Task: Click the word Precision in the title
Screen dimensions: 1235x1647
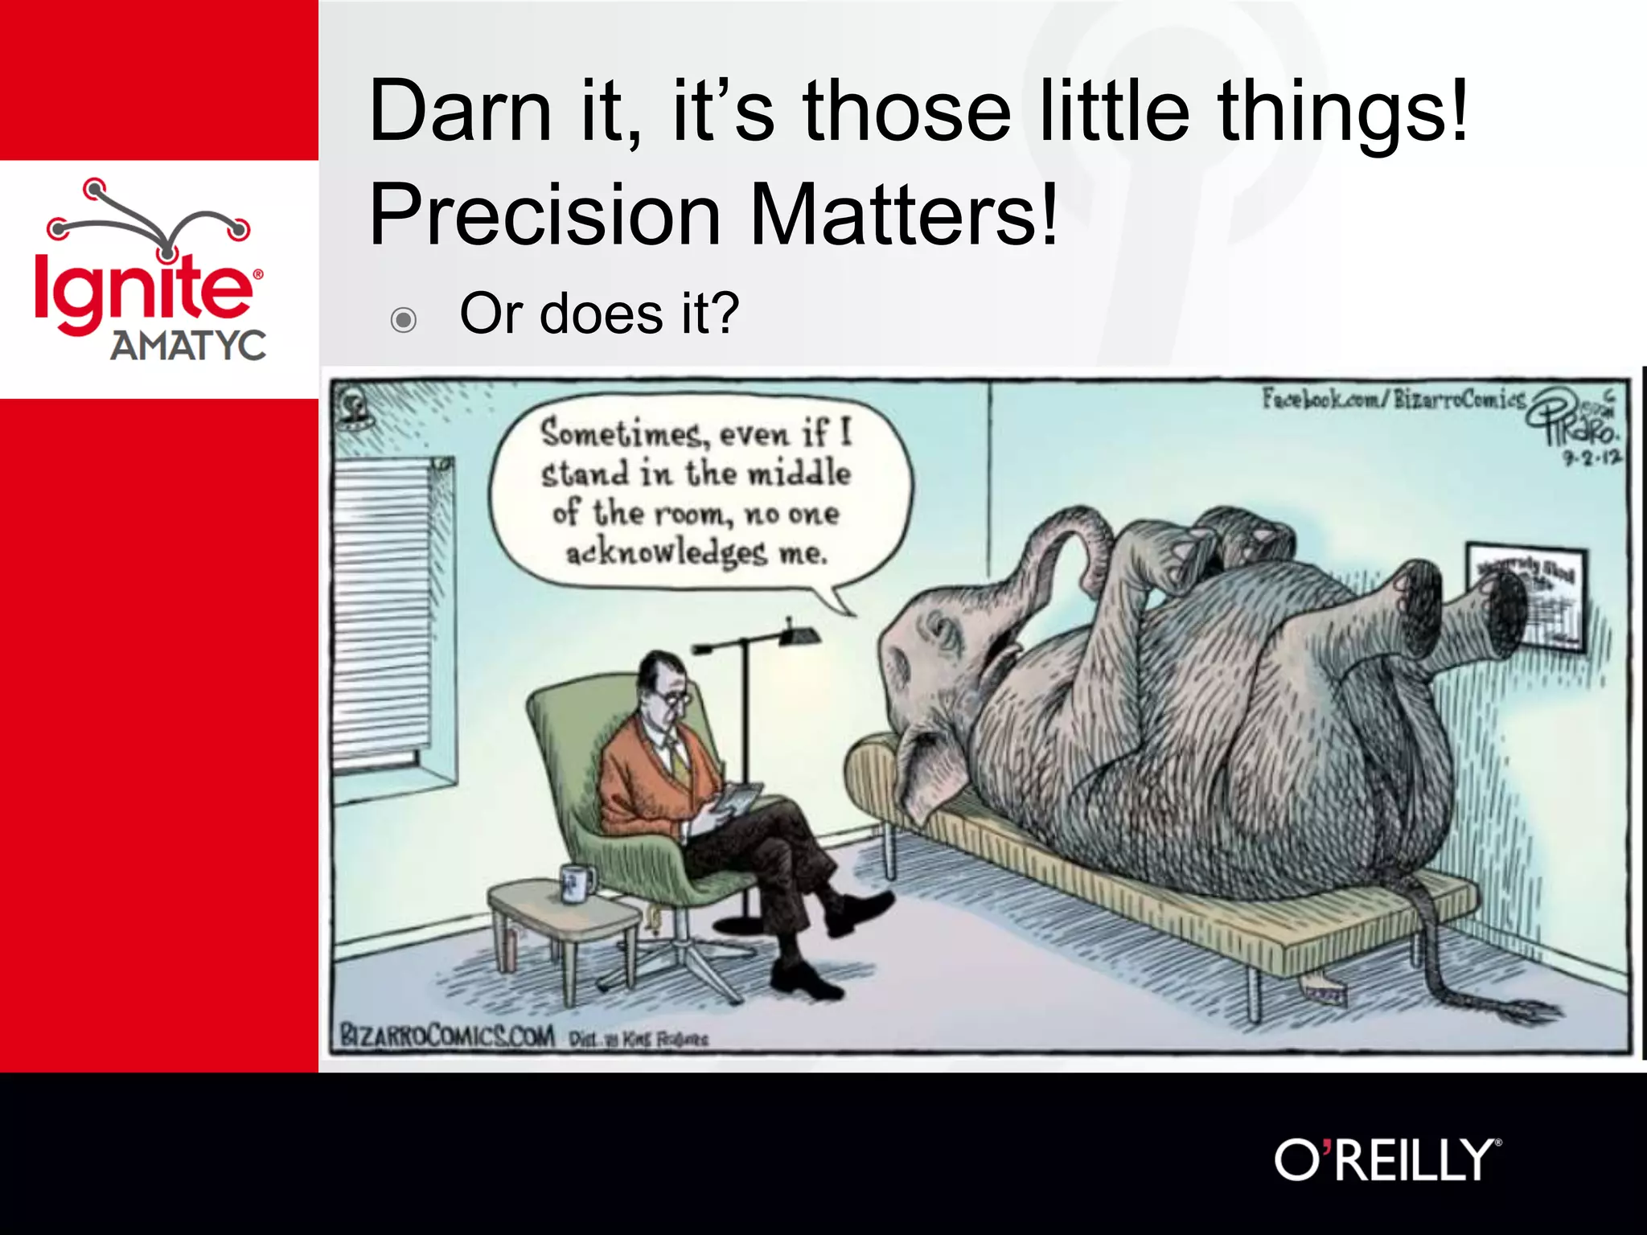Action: coord(545,215)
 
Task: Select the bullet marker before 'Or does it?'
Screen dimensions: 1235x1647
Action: coord(403,320)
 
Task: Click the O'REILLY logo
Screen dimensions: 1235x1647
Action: coord(1386,1159)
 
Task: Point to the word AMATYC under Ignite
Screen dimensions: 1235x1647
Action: coord(188,346)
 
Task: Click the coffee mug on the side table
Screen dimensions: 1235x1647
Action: coord(576,882)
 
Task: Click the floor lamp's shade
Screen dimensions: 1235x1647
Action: coord(800,636)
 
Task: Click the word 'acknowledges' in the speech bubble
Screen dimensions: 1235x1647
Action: coord(666,553)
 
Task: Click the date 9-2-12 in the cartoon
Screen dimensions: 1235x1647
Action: coord(1592,458)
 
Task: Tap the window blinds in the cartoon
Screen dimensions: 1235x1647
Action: coord(383,611)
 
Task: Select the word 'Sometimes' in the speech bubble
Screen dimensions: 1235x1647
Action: coord(620,433)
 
